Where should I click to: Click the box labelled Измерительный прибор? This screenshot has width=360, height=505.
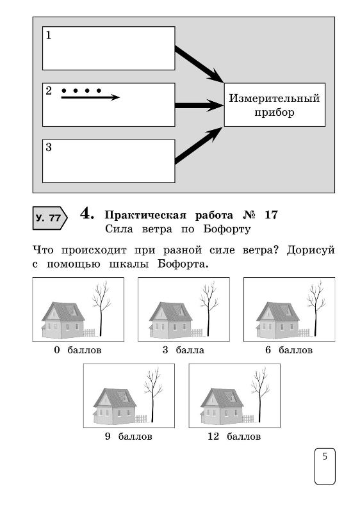point(275,105)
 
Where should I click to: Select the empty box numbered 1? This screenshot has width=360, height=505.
point(109,48)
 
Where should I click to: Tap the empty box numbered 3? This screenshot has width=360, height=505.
point(109,161)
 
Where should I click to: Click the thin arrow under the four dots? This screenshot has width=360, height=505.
point(90,97)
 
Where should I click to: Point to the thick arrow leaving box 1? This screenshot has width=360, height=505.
point(199,64)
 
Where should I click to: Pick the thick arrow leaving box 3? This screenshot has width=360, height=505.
point(199,145)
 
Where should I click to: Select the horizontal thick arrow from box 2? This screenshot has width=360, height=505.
point(199,106)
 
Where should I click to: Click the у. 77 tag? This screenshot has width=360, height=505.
point(50,218)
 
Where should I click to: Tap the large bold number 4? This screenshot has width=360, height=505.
point(87,214)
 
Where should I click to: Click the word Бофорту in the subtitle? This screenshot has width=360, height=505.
point(227,229)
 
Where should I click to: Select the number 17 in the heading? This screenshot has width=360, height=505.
point(271,215)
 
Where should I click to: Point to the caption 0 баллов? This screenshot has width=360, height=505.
point(78,350)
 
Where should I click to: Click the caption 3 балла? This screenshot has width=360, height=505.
point(183,350)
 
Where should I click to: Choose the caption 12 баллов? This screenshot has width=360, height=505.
point(234,437)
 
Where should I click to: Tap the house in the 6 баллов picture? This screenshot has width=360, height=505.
point(278,320)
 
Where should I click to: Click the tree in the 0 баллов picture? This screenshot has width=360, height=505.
point(101,309)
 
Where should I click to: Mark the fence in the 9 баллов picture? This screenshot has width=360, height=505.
point(141,419)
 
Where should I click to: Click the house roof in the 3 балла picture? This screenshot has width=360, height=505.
point(172,311)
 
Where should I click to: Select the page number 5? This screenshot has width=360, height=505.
point(325,456)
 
